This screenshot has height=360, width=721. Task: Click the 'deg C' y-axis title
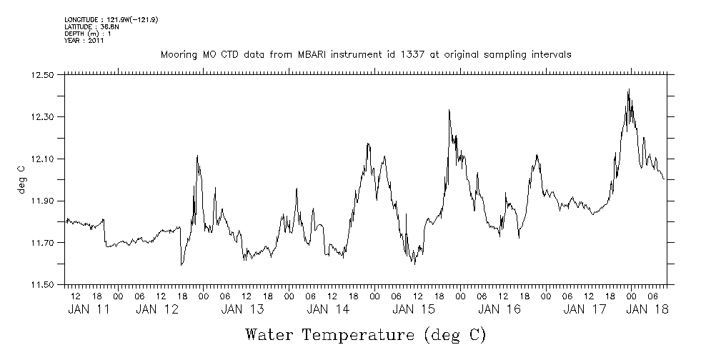(x=21, y=179)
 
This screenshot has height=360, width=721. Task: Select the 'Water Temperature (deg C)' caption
(x=365, y=334)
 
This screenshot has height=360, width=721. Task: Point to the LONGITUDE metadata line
(x=111, y=19)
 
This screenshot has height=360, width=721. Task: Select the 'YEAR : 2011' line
(x=84, y=41)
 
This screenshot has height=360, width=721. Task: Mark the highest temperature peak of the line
(x=628, y=90)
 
